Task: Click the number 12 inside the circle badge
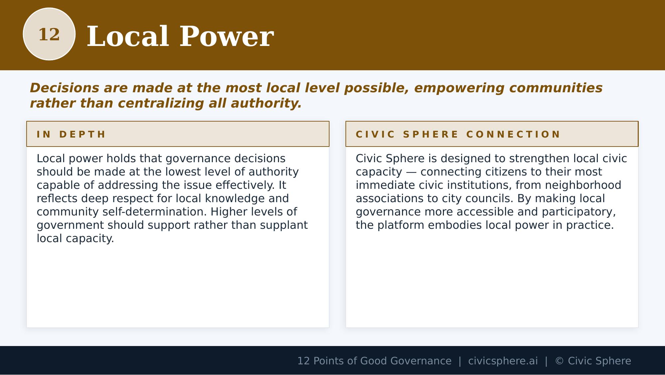(x=49, y=35)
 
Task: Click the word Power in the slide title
(x=226, y=37)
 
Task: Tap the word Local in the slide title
(x=128, y=37)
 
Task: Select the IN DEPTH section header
(x=71, y=134)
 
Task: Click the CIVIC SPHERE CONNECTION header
(x=458, y=134)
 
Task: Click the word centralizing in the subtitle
(x=161, y=103)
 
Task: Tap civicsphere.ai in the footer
(x=503, y=361)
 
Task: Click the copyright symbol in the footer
(x=559, y=361)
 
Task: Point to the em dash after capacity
(x=411, y=172)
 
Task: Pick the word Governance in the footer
(x=421, y=361)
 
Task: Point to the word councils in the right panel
(x=489, y=198)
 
